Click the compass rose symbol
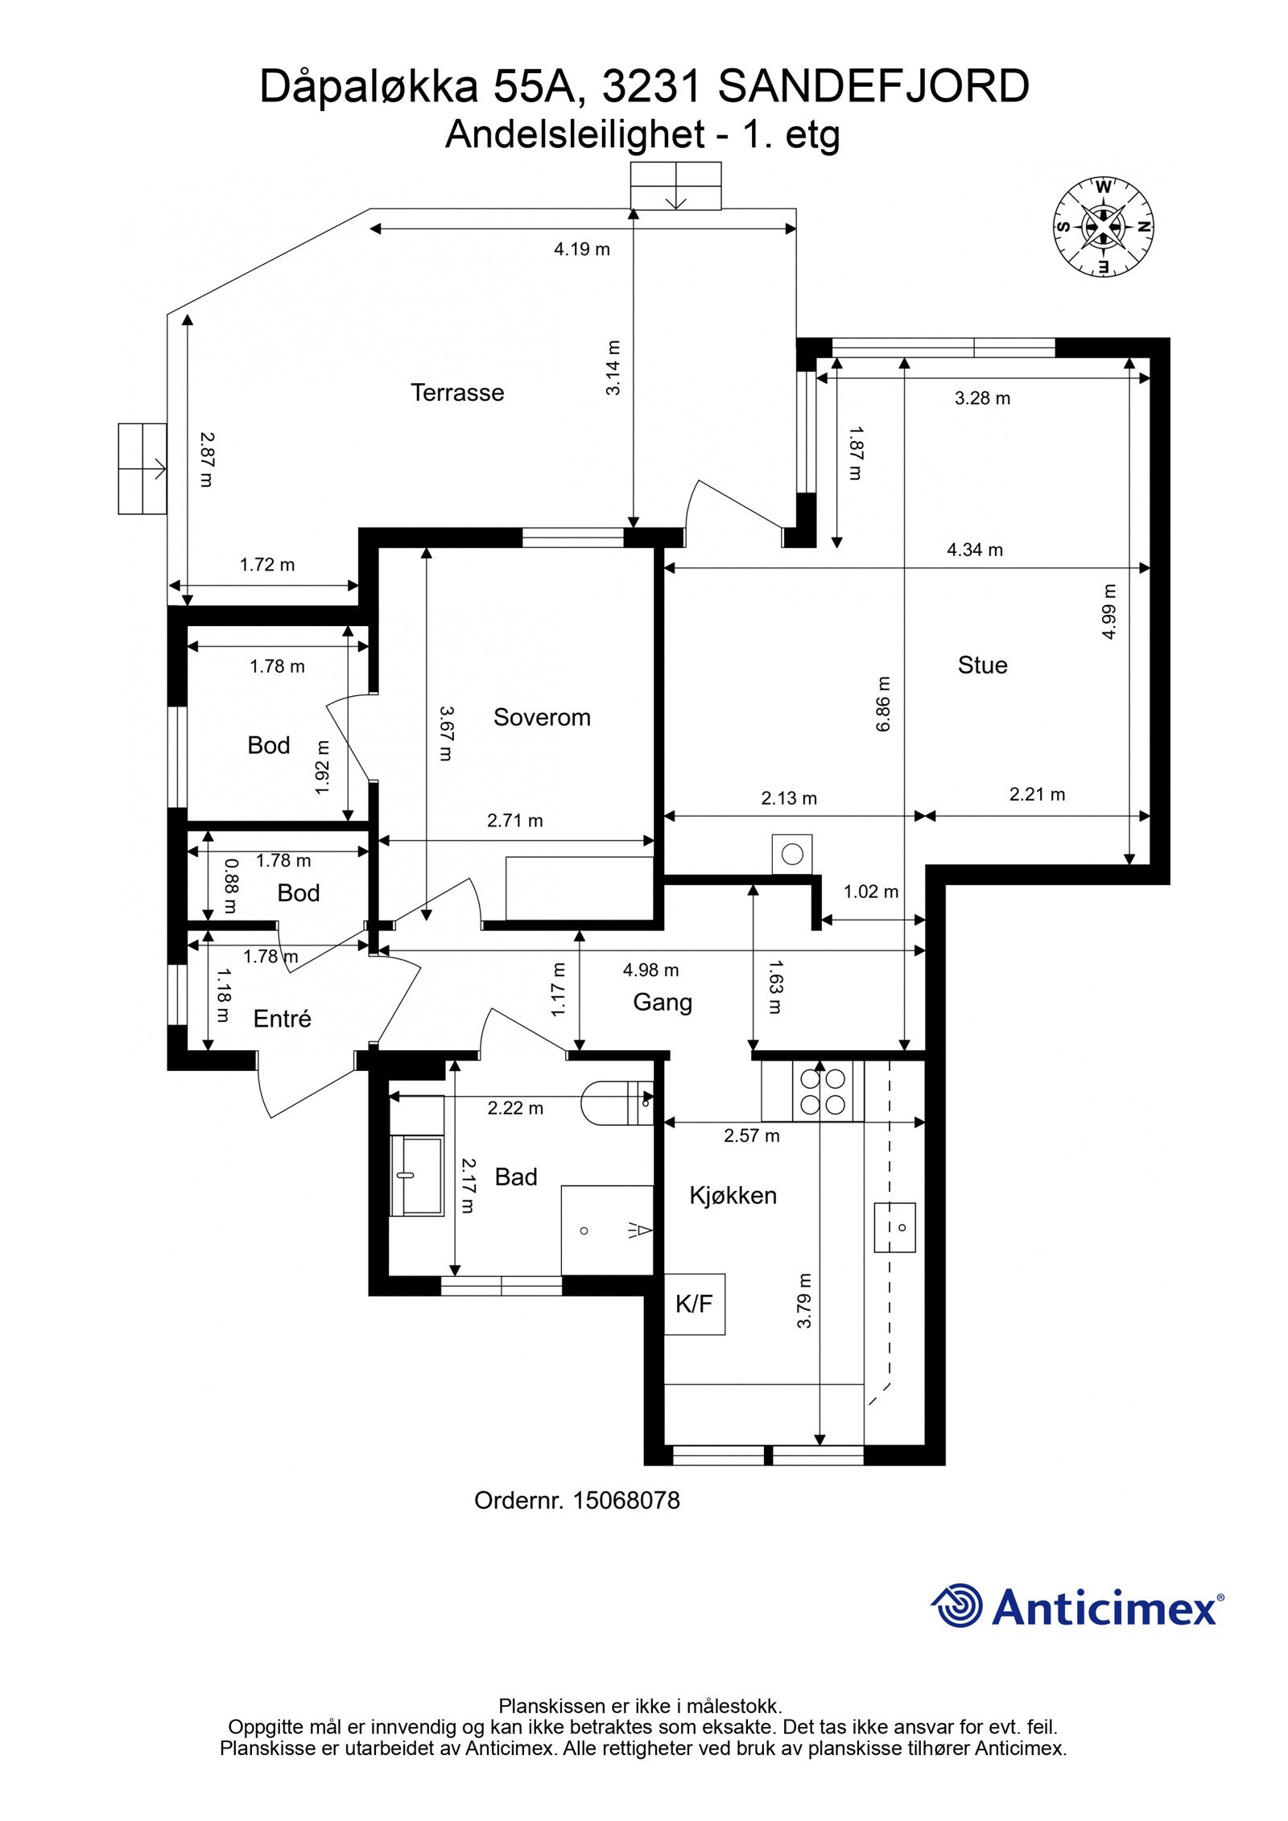[1103, 227]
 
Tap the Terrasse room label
[457, 393]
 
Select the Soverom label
[542, 717]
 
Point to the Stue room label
[982, 665]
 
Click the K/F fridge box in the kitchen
[694, 1304]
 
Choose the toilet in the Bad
[617, 1102]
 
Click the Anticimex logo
[1077, 1606]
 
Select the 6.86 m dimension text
[883, 703]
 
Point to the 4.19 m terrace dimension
[581, 249]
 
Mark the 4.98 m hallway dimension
[650, 970]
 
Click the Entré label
[282, 1019]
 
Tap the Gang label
[663, 1003]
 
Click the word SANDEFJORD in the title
[873, 87]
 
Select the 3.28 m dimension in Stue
[982, 398]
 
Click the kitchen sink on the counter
[895, 1226]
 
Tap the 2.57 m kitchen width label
[751, 1135]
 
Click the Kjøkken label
[733, 1196]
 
